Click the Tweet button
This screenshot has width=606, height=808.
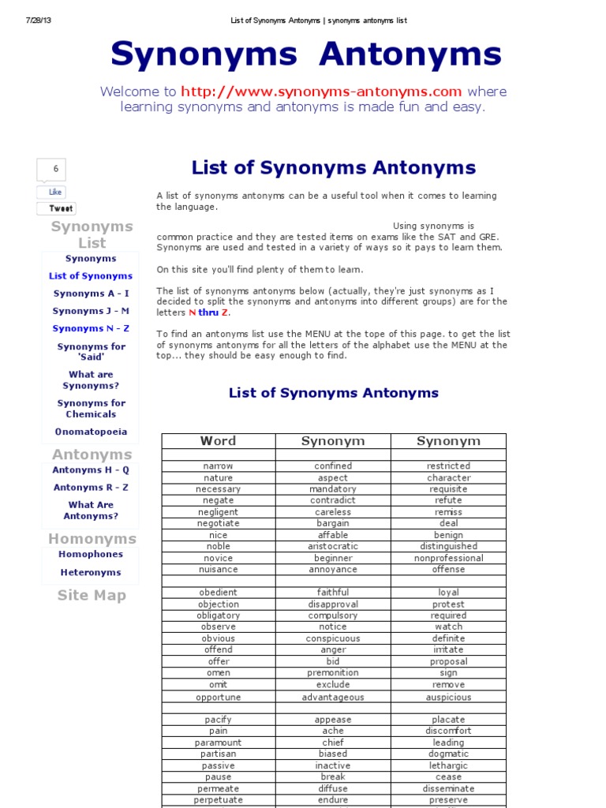(x=61, y=208)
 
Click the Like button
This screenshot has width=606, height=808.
(x=54, y=192)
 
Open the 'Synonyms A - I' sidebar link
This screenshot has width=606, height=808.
(x=91, y=294)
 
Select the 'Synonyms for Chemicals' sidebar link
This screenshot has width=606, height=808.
(x=91, y=409)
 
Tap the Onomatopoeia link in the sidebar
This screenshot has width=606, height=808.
(x=91, y=432)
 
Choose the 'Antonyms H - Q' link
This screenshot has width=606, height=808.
(x=91, y=470)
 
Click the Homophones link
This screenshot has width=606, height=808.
(x=91, y=554)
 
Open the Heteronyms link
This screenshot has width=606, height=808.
(x=91, y=572)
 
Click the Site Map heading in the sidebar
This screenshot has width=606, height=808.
(x=92, y=596)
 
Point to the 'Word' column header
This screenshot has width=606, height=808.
(x=218, y=441)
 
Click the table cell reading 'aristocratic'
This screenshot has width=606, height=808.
(x=333, y=546)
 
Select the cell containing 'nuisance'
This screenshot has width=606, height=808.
(x=219, y=569)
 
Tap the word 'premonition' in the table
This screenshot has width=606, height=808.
(x=333, y=673)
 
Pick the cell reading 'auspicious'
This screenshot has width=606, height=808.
(x=448, y=697)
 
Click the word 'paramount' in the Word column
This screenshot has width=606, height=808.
(x=219, y=743)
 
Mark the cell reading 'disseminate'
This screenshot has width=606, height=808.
(x=448, y=788)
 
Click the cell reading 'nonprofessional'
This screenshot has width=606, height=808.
(x=448, y=558)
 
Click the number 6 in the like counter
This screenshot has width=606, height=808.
(x=55, y=169)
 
